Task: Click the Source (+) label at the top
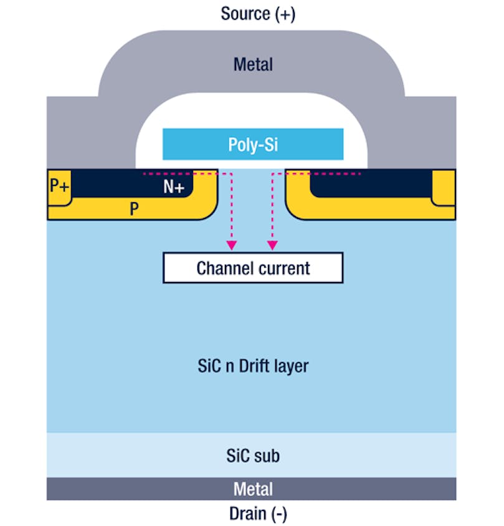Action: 258,14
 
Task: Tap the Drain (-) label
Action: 258,514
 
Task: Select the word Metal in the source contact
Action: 253,64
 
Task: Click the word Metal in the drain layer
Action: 253,489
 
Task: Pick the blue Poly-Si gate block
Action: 253,144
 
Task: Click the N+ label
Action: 174,187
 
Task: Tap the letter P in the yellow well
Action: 133,210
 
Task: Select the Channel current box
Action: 253,268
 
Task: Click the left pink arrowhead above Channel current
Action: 232,245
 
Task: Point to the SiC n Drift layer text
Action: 253,366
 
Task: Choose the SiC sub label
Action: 253,456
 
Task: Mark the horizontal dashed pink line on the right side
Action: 324,173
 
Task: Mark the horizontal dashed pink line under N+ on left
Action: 181,173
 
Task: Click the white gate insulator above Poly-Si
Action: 253,112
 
